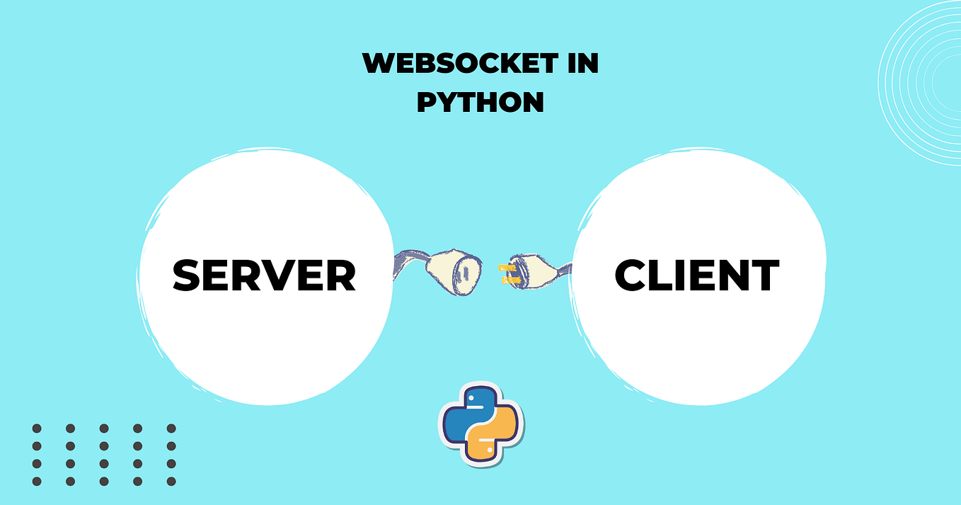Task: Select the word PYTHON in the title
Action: (480, 102)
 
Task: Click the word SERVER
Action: (265, 276)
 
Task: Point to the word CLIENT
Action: (697, 276)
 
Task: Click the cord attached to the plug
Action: (563, 270)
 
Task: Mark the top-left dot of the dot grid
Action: (37, 429)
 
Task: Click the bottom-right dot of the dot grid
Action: (171, 482)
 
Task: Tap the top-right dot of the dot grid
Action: (171, 429)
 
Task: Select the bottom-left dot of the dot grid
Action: (37, 482)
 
